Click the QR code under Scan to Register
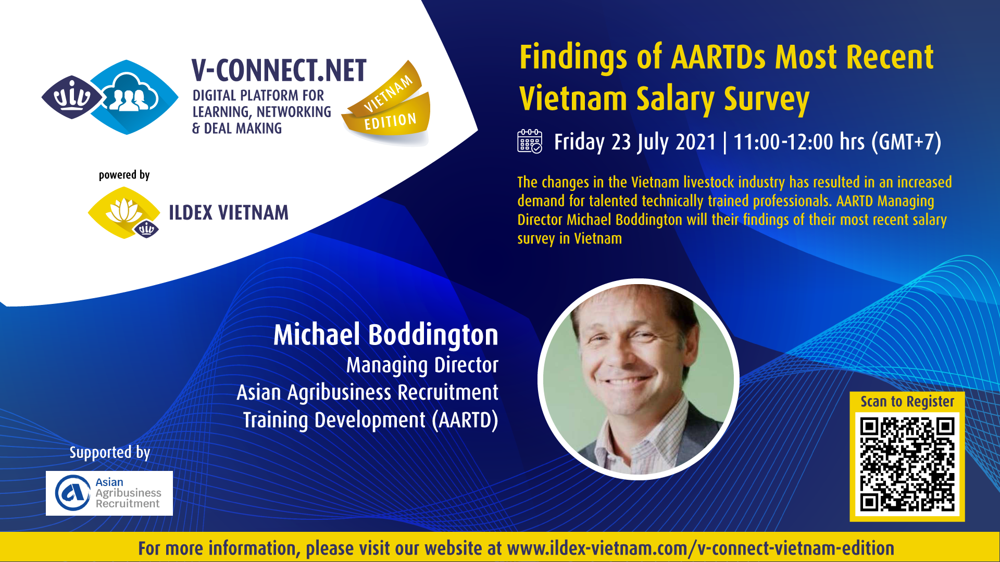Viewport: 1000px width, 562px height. [907, 465]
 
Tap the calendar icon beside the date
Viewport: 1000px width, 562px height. [530, 141]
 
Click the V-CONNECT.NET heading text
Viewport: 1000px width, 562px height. [279, 71]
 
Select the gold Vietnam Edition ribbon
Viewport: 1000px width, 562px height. [388, 101]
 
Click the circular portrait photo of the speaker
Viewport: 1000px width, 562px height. [639, 379]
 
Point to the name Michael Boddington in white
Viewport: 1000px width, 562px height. [386, 335]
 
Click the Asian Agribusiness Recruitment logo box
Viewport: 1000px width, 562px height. [109, 493]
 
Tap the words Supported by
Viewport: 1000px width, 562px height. [110, 453]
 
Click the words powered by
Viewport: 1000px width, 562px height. [124, 175]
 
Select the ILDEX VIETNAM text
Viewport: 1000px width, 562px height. [229, 213]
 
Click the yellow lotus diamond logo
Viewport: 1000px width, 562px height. [124, 213]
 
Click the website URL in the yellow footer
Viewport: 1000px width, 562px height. [701, 548]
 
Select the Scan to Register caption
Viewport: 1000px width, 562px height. [907, 402]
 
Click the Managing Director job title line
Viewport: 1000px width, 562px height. [422, 365]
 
